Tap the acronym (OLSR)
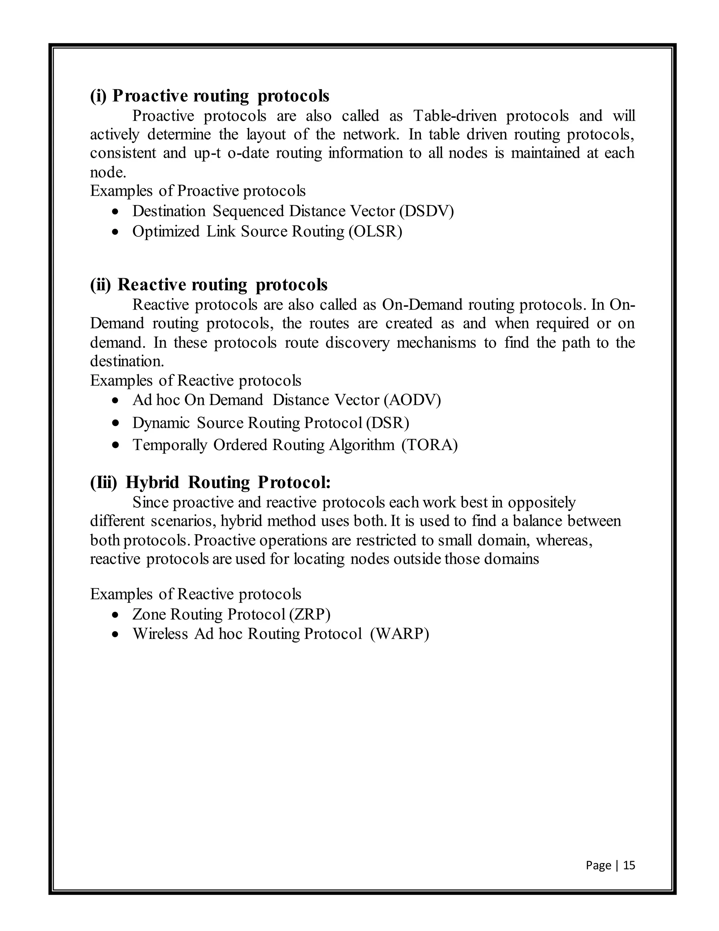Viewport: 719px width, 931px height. [375, 232]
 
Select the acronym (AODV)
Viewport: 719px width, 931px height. [412, 400]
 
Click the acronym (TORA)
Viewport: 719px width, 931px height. [429, 445]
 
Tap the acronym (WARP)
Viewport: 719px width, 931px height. [400, 633]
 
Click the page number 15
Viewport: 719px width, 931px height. [629, 865]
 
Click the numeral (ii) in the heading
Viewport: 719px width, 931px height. [100, 285]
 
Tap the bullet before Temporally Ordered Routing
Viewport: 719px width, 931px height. [115, 445]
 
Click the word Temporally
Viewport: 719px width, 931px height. [170, 445]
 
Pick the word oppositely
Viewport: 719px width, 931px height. [541, 503]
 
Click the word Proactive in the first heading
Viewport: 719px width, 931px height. [150, 96]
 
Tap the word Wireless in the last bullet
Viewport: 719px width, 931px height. [160, 633]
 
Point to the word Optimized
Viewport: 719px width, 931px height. [166, 232]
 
